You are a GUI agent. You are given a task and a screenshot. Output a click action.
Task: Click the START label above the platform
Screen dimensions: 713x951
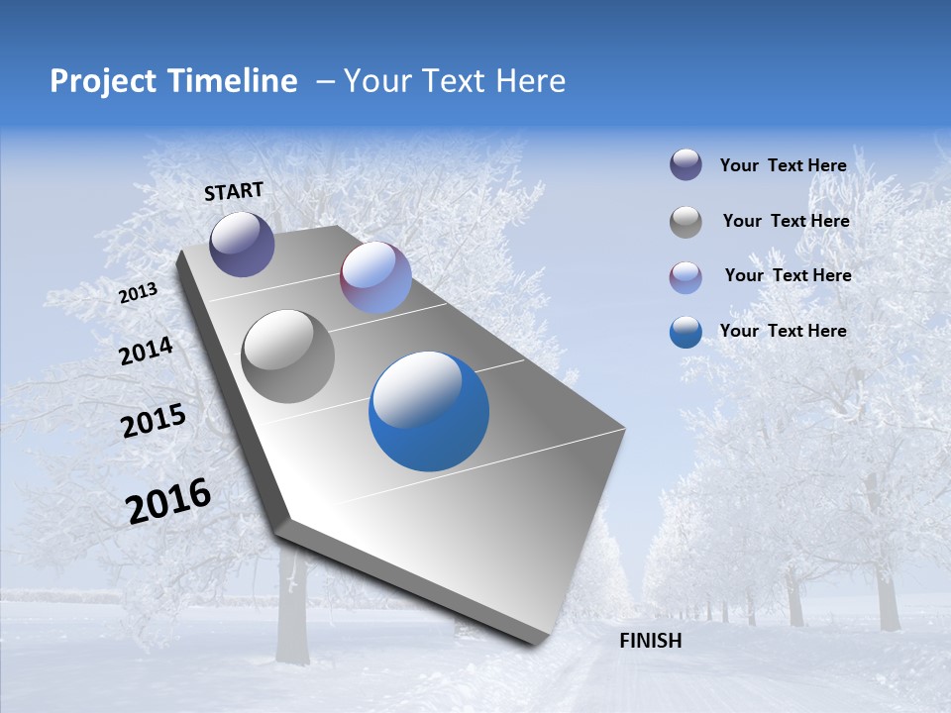234,191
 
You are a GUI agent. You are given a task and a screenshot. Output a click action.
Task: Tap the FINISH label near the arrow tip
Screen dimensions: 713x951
650,641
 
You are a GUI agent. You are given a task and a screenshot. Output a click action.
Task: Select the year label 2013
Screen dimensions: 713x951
139,292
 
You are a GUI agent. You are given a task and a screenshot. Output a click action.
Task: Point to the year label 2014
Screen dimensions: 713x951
147,351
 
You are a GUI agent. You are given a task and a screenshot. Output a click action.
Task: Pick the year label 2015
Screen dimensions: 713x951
154,421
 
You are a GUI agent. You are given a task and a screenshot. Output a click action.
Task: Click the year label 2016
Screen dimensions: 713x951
168,501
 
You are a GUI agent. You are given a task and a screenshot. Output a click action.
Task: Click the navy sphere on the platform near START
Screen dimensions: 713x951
242,244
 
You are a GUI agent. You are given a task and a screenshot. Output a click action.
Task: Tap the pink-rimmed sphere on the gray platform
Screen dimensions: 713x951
375,277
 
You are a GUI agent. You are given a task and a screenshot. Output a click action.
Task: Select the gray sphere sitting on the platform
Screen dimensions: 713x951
288,356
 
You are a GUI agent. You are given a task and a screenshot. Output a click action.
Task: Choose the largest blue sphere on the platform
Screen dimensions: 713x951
429,411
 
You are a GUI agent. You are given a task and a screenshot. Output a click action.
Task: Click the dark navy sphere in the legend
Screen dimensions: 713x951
686,165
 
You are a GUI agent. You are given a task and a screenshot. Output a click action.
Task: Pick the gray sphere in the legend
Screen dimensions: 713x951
686,222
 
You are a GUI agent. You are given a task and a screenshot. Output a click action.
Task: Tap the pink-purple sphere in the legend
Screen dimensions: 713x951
686,277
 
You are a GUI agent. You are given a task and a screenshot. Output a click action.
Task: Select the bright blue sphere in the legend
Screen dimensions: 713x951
686,332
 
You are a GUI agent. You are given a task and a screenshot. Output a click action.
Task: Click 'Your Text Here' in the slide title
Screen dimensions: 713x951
455,81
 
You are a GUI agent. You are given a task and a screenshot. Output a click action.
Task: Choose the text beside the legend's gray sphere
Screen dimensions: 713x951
786,221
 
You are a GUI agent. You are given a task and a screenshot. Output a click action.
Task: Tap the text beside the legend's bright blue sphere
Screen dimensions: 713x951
783,331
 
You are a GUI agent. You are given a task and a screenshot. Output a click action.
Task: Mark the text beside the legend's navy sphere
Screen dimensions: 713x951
783,165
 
